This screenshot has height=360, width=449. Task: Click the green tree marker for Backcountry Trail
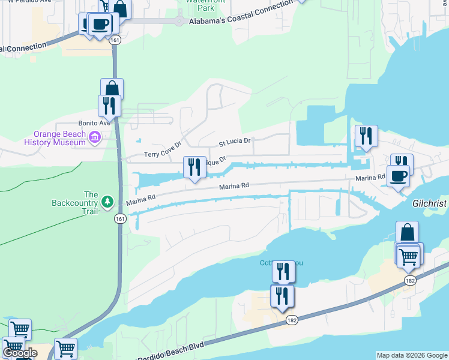coord(107,201)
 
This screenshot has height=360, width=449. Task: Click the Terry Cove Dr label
coord(162,154)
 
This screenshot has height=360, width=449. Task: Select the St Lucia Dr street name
coord(234,143)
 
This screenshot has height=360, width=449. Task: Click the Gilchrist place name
coord(430,203)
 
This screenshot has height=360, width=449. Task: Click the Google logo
coord(20,353)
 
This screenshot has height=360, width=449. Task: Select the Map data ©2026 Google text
coord(412,355)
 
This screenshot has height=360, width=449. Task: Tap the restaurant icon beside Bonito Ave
coord(109,105)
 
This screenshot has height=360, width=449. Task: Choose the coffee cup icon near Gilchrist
coord(398,175)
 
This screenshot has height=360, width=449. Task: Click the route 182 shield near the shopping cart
coord(410,281)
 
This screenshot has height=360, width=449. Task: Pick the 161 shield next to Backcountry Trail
coord(121,218)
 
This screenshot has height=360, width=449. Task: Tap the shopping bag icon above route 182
coord(407,232)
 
